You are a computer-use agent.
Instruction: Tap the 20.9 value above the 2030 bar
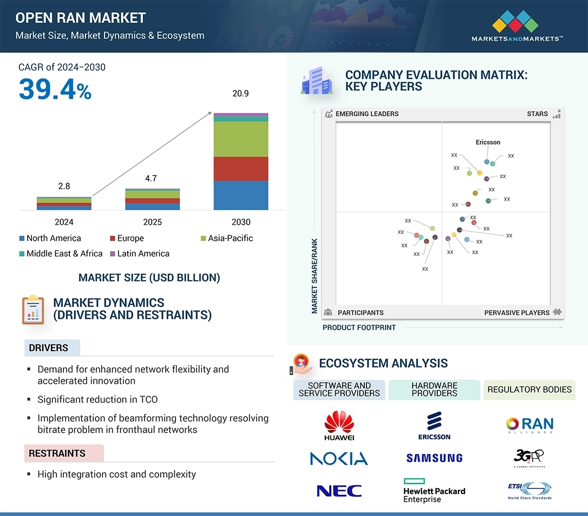coord(240,94)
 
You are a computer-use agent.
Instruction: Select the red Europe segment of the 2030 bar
coord(241,169)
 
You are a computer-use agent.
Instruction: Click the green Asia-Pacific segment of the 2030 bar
coord(241,139)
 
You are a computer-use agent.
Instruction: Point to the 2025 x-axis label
coord(152,222)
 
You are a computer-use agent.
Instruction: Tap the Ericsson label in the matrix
coord(488,142)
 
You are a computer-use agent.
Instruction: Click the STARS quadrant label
coord(537,114)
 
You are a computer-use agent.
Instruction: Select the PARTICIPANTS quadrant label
coord(360,312)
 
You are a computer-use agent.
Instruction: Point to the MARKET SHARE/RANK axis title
coord(315,276)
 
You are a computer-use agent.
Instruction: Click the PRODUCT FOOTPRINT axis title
coord(359,327)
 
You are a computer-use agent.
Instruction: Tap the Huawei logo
coord(339,425)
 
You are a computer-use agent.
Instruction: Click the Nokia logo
coord(339,458)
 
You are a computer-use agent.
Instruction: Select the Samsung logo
coord(434,458)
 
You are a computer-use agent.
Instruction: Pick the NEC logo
coord(339,490)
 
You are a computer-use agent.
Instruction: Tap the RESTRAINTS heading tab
coord(57,453)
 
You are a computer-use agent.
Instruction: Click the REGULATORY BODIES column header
coord(529,390)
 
